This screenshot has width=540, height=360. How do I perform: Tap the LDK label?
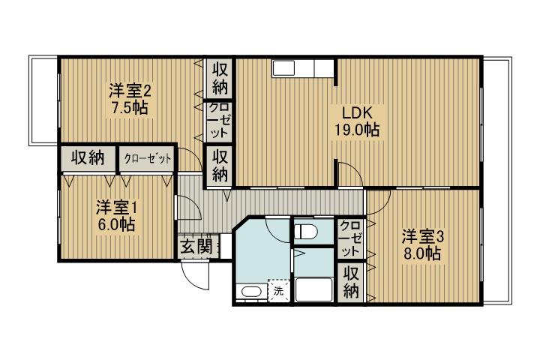pyautogui.click(x=356, y=113)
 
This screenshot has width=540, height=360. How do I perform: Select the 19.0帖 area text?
pyautogui.click(x=356, y=130)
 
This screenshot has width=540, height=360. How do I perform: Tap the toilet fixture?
pyautogui.click(x=305, y=232)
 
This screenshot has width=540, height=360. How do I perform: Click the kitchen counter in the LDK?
pyautogui.click(x=302, y=68)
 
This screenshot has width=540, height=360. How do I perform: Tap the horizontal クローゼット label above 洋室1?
pyautogui.click(x=147, y=158)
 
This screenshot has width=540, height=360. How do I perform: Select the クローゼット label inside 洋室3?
pyautogui.click(x=350, y=238)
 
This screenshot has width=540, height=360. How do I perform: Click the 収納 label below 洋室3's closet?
pyautogui.click(x=350, y=283)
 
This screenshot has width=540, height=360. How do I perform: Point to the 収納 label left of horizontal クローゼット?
pyautogui.click(x=87, y=158)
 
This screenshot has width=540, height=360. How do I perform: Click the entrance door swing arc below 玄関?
pyautogui.click(x=196, y=277)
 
